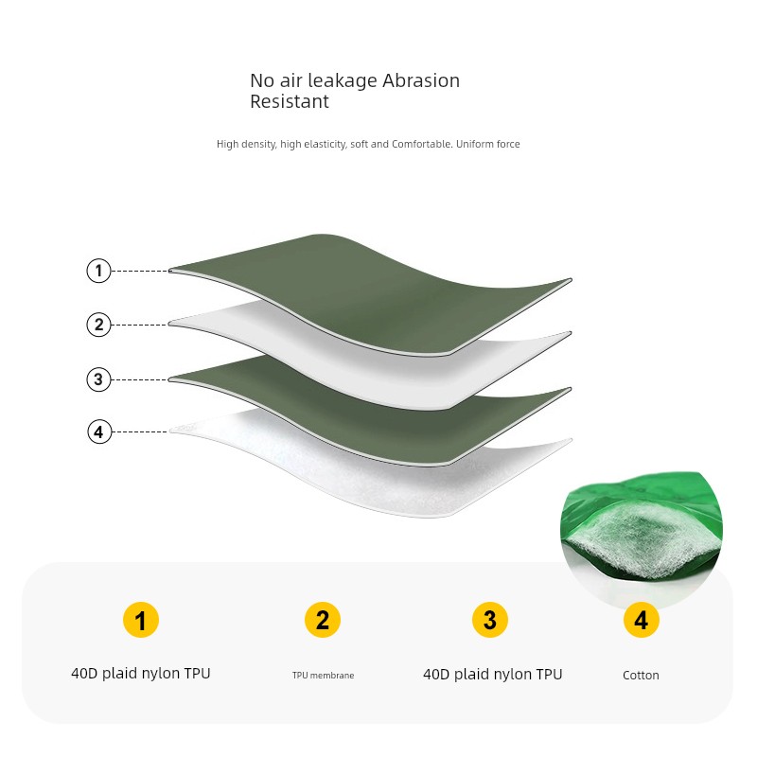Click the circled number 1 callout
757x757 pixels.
point(98,271)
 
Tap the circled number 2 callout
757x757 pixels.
point(98,325)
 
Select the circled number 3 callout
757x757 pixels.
point(98,379)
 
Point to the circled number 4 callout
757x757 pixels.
point(99,431)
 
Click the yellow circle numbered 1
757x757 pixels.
point(140,620)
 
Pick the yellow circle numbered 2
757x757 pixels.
point(323,620)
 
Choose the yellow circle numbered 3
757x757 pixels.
point(489,620)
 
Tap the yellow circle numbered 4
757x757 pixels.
point(641,620)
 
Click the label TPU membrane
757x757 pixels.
point(323,676)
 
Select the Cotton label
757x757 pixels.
point(641,675)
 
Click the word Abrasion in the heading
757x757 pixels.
point(421,80)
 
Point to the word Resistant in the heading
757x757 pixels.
point(290,101)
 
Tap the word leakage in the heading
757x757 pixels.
point(343,81)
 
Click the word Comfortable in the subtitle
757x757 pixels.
point(421,144)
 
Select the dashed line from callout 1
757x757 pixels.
point(140,271)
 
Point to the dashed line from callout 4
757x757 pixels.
point(140,431)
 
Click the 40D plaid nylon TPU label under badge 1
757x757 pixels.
point(140,674)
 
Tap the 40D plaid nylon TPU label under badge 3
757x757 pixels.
point(492,675)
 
